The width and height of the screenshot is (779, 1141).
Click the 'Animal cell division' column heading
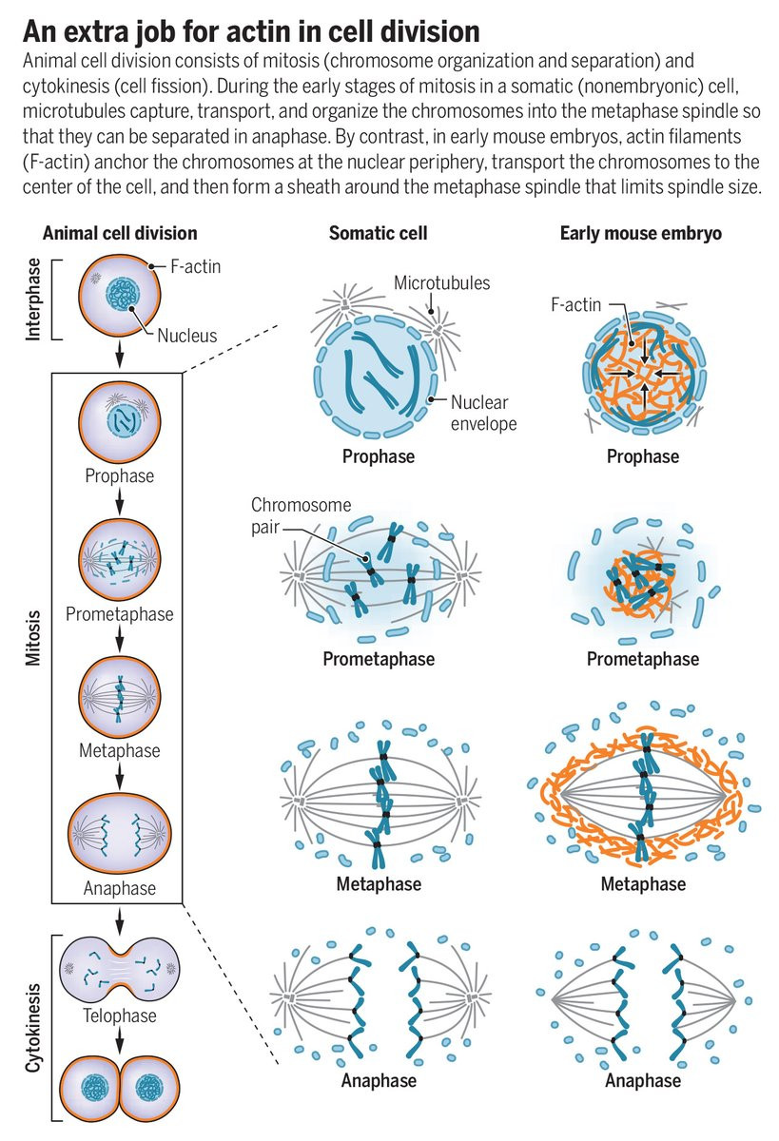[120, 233]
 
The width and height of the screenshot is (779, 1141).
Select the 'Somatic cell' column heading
[378, 233]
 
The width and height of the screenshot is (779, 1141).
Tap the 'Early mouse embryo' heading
[640, 233]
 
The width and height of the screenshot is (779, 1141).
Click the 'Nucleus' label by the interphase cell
[187, 336]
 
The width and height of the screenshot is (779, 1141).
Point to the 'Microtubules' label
[441, 283]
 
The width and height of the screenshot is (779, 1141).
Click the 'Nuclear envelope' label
[483, 413]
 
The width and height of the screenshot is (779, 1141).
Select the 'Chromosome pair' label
[301, 516]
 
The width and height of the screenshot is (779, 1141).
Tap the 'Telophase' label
[120, 1015]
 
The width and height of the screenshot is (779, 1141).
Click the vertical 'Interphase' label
[33, 299]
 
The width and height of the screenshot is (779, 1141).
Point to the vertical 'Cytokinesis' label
[33, 1028]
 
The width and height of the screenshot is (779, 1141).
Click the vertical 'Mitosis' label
[33, 638]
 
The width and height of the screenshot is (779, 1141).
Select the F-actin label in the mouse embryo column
[575, 304]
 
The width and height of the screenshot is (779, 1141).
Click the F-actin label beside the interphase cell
[195, 266]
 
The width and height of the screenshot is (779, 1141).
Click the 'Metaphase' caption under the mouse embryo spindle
[643, 883]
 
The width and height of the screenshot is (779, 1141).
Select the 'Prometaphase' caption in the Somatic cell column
[379, 659]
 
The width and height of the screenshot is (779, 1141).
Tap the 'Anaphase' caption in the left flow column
[120, 888]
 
